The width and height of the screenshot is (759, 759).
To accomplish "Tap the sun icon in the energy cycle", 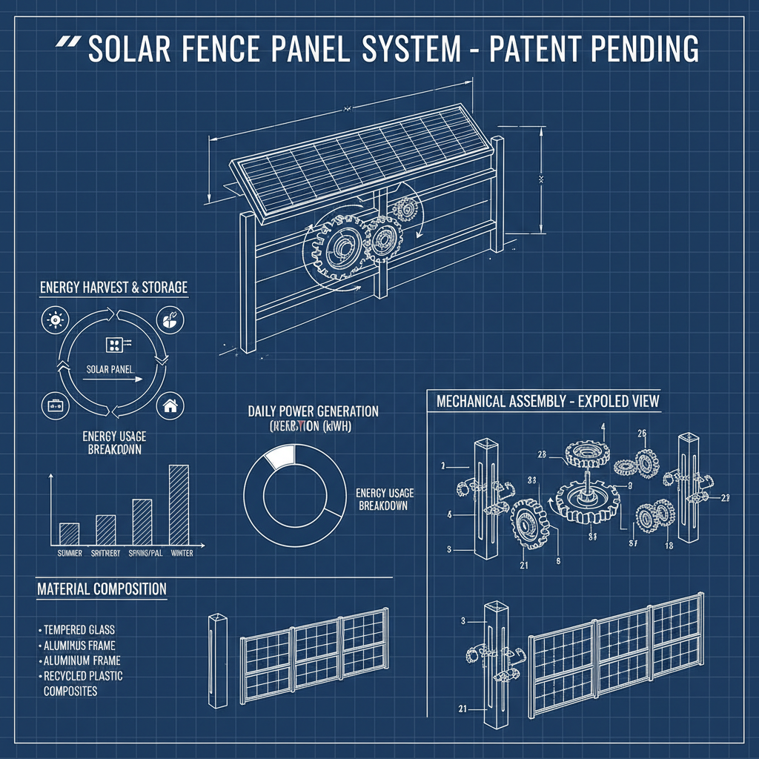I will pyautogui.click(x=55, y=321).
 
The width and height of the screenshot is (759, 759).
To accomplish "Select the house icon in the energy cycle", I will pyautogui.click(x=170, y=405).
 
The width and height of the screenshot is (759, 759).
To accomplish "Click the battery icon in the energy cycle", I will pyautogui.click(x=55, y=405).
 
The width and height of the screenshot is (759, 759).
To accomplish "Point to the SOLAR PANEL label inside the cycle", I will pyautogui.click(x=110, y=368).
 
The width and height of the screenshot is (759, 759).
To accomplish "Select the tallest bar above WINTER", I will pyautogui.click(x=179, y=505).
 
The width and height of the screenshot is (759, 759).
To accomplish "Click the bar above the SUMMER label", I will pyautogui.click(x=69, y=534).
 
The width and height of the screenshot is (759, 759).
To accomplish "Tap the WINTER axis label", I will pyautogui.click(x=181, y=554).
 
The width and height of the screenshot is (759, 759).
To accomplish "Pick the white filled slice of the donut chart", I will pyautogui.click(x=280, y=456).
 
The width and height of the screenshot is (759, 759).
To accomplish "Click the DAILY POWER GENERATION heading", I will pyautogui.click(x=313, y=411).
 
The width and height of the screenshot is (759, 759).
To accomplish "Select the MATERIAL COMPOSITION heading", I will pyautogui.click(x=102, y=589).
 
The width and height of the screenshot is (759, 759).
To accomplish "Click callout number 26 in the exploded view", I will pyautogui.click(x=642, y=434).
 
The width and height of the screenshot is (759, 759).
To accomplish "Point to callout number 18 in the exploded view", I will pyautogui.click(x=669, y=546).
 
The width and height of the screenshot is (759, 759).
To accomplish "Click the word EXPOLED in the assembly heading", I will pyautogui.click(x=590, y=402).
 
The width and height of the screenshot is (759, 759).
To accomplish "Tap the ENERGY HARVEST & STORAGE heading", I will pyautogui.click(x=113, y=287).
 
